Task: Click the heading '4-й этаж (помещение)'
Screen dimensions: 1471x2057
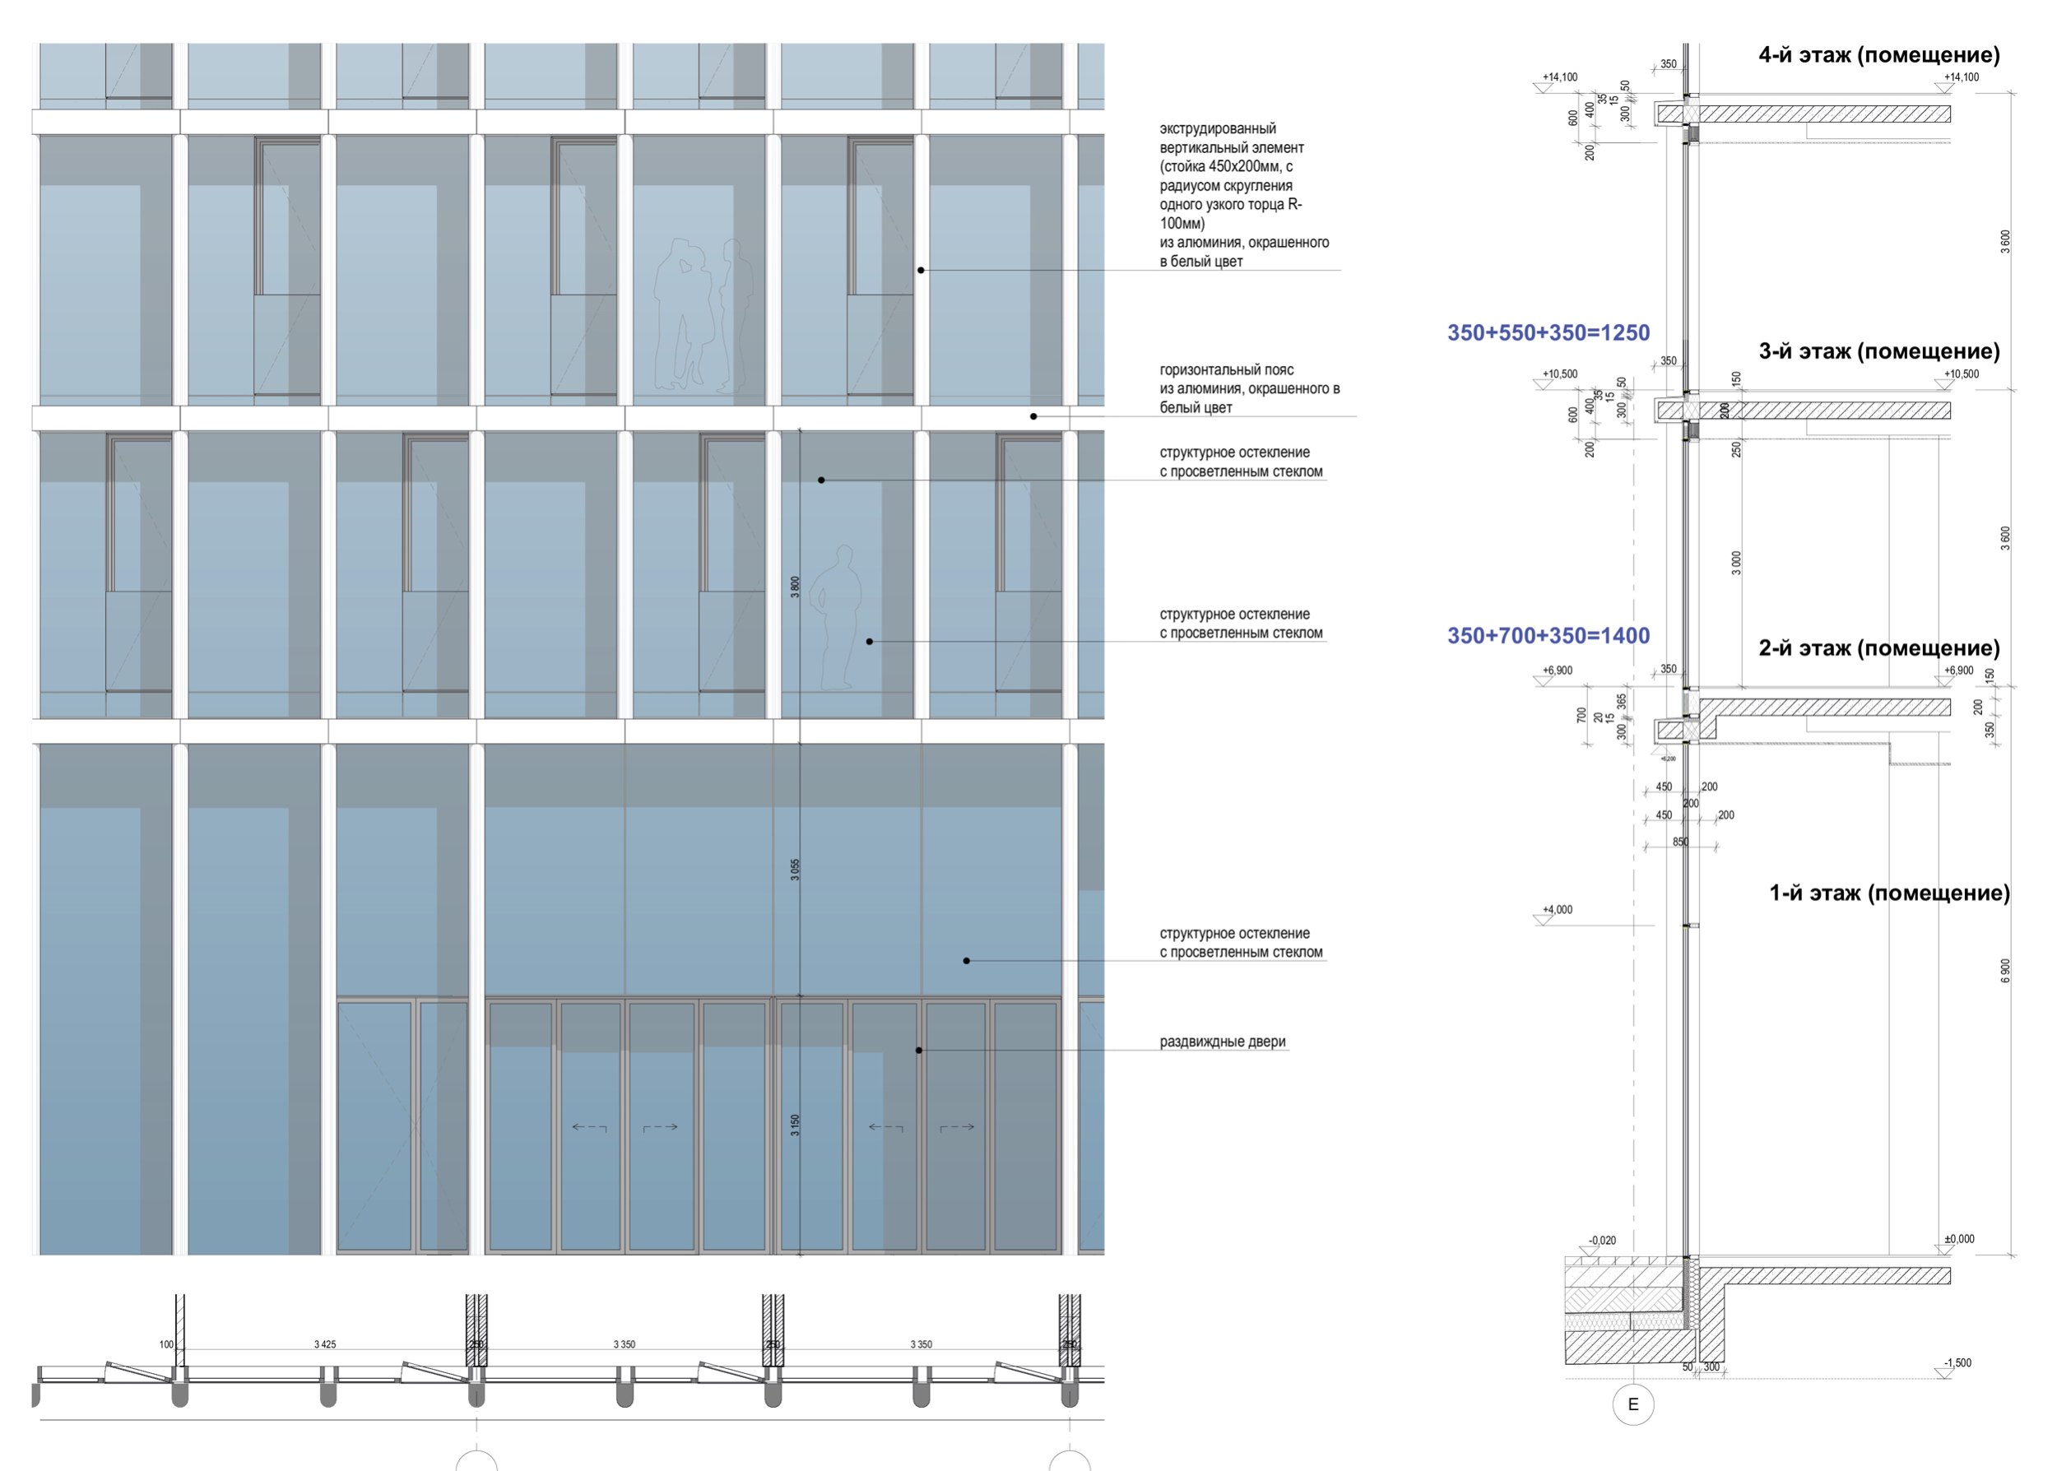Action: pyautogui.click(x=1878, y=55)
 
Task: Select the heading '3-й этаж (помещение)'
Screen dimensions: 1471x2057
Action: pyautogui.click(x=1878, y=351)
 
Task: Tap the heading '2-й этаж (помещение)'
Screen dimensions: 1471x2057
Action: pyautogui.click(x=1878, y=648)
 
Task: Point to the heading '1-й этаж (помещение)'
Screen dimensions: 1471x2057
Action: pyautogui.click(x=1889, y=893)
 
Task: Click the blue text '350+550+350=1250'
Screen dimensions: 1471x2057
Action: pyautogui.click(x=1548, y=333)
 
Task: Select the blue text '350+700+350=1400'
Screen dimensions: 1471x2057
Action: pyautogui.click(x=1548, y=636)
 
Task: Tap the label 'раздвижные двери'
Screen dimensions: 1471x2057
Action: pyautogui.click(x=1222, y=1042)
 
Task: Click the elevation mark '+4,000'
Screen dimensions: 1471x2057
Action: pyautogui.click(x=1557, y=909)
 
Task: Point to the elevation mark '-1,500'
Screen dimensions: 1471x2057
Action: pyautogui.click(x=1957, y=1362)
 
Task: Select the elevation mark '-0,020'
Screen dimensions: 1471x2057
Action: pyautogui.click(x=1601, y=1241)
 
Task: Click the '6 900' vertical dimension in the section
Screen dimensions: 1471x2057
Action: pyautogui.click(x=2004, y=970)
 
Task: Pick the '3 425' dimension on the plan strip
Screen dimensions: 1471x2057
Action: pyautogui.click(x=324, y=1344)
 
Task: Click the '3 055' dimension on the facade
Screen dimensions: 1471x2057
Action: pyautogui.click(x=796, y=870)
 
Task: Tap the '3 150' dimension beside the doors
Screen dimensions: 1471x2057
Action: pyautogui.click(x=796, y=1125)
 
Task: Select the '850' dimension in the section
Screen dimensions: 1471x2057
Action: pyautogui.click(x=1680, y=842)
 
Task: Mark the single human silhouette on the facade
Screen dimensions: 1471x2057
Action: pyautogui.click(x=836, y=616)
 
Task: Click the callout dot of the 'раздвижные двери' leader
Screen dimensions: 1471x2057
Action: pyautogui.click(x=918, y=1051)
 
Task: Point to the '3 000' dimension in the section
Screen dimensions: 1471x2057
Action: pyautogui.click(x=1735, y=563)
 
